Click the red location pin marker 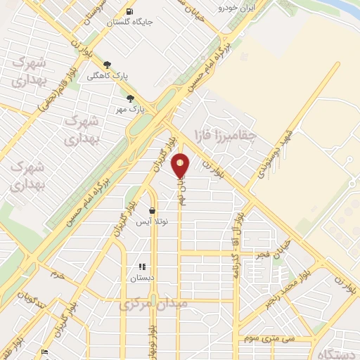tap(181, 165)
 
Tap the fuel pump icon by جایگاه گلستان tap(130, 11)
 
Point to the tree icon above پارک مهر tap(130, 98)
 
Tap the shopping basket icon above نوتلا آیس tap(152, 210)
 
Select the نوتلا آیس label tap(153, 221)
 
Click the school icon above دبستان tap(141, 266)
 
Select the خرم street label tap(56, 276)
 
